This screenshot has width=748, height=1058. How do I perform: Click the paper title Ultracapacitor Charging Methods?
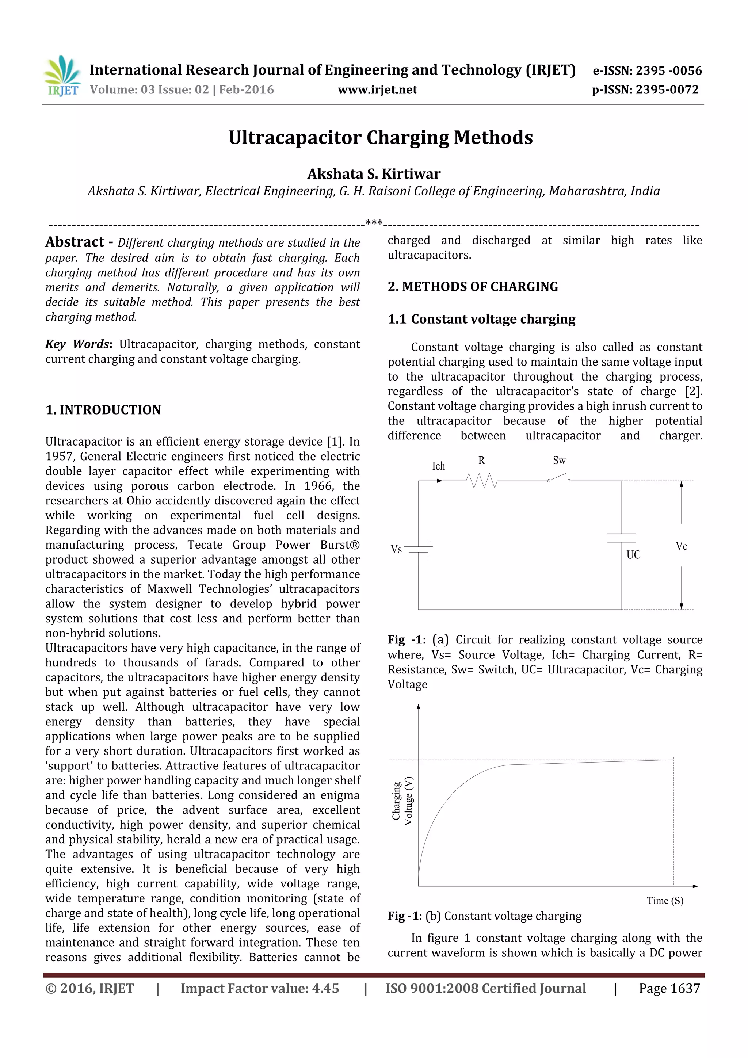pos(380,138)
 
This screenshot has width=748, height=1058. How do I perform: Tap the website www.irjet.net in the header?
pos(377,90)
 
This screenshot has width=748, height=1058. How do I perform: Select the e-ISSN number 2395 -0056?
pos(669,70)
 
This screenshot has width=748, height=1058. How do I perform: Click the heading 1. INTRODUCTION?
pos(103,410)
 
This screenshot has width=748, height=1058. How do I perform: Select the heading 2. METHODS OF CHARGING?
pos(472,287)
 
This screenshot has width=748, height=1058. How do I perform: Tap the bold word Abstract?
pos(75,242)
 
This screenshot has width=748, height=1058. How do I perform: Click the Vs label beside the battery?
pos(396,549)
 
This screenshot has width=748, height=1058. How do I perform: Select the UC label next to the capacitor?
pos(633,555)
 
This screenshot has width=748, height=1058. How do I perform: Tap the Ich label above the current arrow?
pos(438,466)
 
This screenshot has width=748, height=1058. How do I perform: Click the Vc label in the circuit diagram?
pos(681,546)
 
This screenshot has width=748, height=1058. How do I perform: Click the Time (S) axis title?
pos(665,900)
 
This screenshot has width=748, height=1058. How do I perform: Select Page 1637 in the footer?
pos(669,988)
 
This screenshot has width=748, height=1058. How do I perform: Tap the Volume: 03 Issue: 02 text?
pos(149,90)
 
